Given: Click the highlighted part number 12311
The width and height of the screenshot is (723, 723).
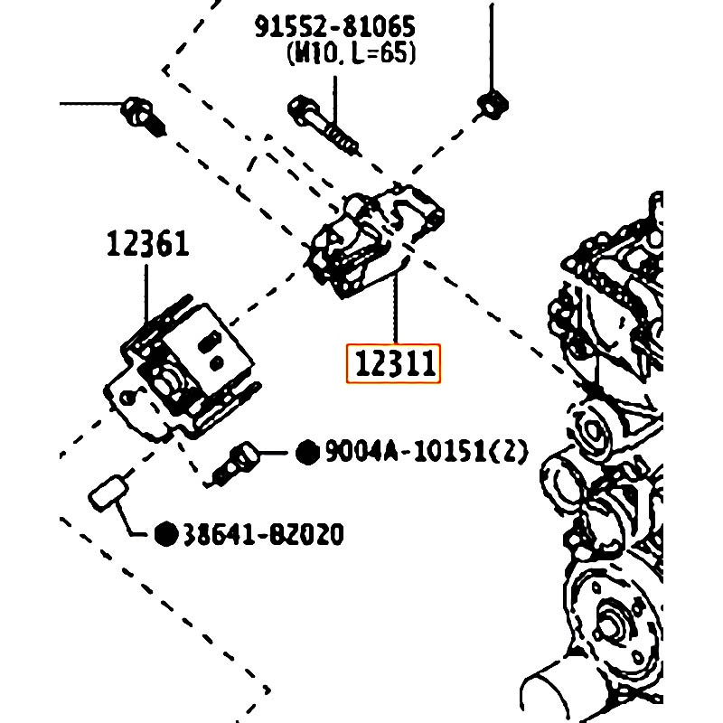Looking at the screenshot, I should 394,364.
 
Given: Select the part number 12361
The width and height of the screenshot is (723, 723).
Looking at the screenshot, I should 147,243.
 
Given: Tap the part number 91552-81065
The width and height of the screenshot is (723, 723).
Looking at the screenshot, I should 340,27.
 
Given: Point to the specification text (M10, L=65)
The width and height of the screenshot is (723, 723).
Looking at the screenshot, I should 350,54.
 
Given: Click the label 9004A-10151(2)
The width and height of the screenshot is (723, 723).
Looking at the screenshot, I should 426,450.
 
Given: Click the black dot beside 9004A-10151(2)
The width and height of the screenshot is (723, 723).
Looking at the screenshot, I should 308,450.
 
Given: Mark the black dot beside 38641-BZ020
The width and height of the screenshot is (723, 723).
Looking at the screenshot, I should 165,534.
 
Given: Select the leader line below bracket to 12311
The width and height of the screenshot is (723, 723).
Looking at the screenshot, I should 396,312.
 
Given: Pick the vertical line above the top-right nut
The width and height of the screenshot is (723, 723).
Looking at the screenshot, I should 492,45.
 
